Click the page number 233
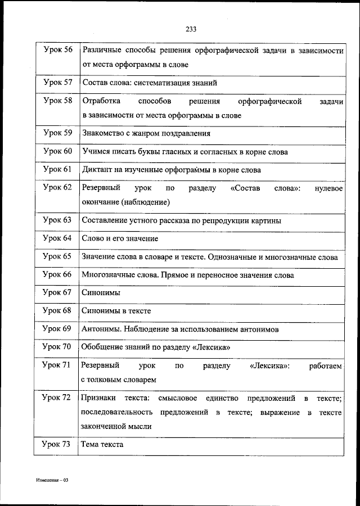190,29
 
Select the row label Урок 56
58,50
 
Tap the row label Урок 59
58,133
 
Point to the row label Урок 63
58,220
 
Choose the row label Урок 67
58,292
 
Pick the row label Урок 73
58,444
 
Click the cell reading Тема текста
102,444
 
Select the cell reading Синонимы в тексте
116,310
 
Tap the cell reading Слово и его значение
120,238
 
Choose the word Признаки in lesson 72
98,398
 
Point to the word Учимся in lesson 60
95,151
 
